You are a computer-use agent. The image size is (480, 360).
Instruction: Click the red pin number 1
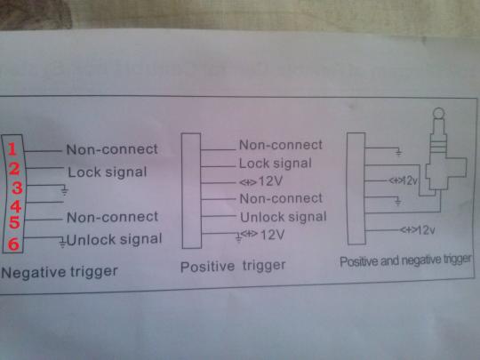[12, 149]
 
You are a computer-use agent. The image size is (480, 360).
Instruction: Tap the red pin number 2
[14, 169]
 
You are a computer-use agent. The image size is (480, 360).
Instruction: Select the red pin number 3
[17, 188]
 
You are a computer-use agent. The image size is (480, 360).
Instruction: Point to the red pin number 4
[16, 206]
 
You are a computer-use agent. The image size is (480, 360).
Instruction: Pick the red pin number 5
[14, 222]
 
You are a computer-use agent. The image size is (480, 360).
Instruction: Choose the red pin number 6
[13, 244]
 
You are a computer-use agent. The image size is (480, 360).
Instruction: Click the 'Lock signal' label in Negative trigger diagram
[108, 172]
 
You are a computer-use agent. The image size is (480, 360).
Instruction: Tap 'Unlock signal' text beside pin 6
[114, 240]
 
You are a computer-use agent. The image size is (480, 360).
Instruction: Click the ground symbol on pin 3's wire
[64, 190]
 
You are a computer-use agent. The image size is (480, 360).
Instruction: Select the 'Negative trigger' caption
[60, 272]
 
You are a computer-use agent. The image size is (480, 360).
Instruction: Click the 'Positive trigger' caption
[233, 266]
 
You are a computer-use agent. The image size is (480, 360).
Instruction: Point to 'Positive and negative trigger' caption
[405, 260]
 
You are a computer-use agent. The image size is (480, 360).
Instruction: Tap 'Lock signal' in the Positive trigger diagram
[276, 164]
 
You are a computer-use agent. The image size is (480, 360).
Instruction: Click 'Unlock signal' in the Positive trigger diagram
[284, 217]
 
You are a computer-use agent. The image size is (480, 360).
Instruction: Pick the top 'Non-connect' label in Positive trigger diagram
[281, 145]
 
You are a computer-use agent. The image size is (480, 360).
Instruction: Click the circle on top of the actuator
[439, 114]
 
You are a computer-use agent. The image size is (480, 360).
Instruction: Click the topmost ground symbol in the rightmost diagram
[398, 151]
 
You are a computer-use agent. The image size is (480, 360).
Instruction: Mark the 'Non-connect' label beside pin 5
[112, 217]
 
